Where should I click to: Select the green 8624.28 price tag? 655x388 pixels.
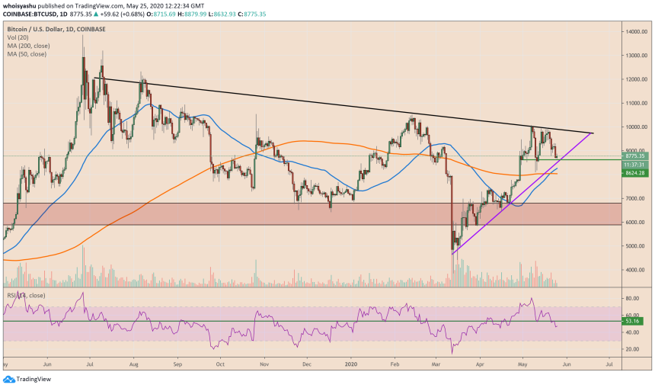pyautogui.click(x=634, y=173)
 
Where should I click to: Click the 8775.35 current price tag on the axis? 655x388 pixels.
pyautogui.click(x=634, y=156)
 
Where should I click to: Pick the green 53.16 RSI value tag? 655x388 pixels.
pyautogui.click(x=632, y=322)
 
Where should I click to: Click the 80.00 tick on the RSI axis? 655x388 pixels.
pyautogui.click(x=631, y=298)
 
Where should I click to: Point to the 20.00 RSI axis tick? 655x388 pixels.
pyautogui.click(x=631, y=349)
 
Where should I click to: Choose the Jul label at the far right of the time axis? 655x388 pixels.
pyautogui.click(x=609, y=365)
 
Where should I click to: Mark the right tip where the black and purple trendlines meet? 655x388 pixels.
pyautogui.click(x=593, y=133)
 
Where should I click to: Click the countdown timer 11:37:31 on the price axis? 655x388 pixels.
pyautogui.click(x=634, y=164)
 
